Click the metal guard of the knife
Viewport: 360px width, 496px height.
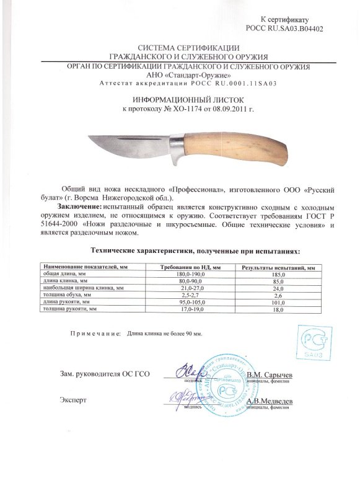(x=178, y=149)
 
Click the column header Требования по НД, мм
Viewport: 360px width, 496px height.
(x=187, y=266)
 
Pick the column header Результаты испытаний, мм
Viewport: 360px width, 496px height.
(x=278, y=266)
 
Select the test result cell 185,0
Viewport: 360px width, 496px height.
(x=278, y=273)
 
